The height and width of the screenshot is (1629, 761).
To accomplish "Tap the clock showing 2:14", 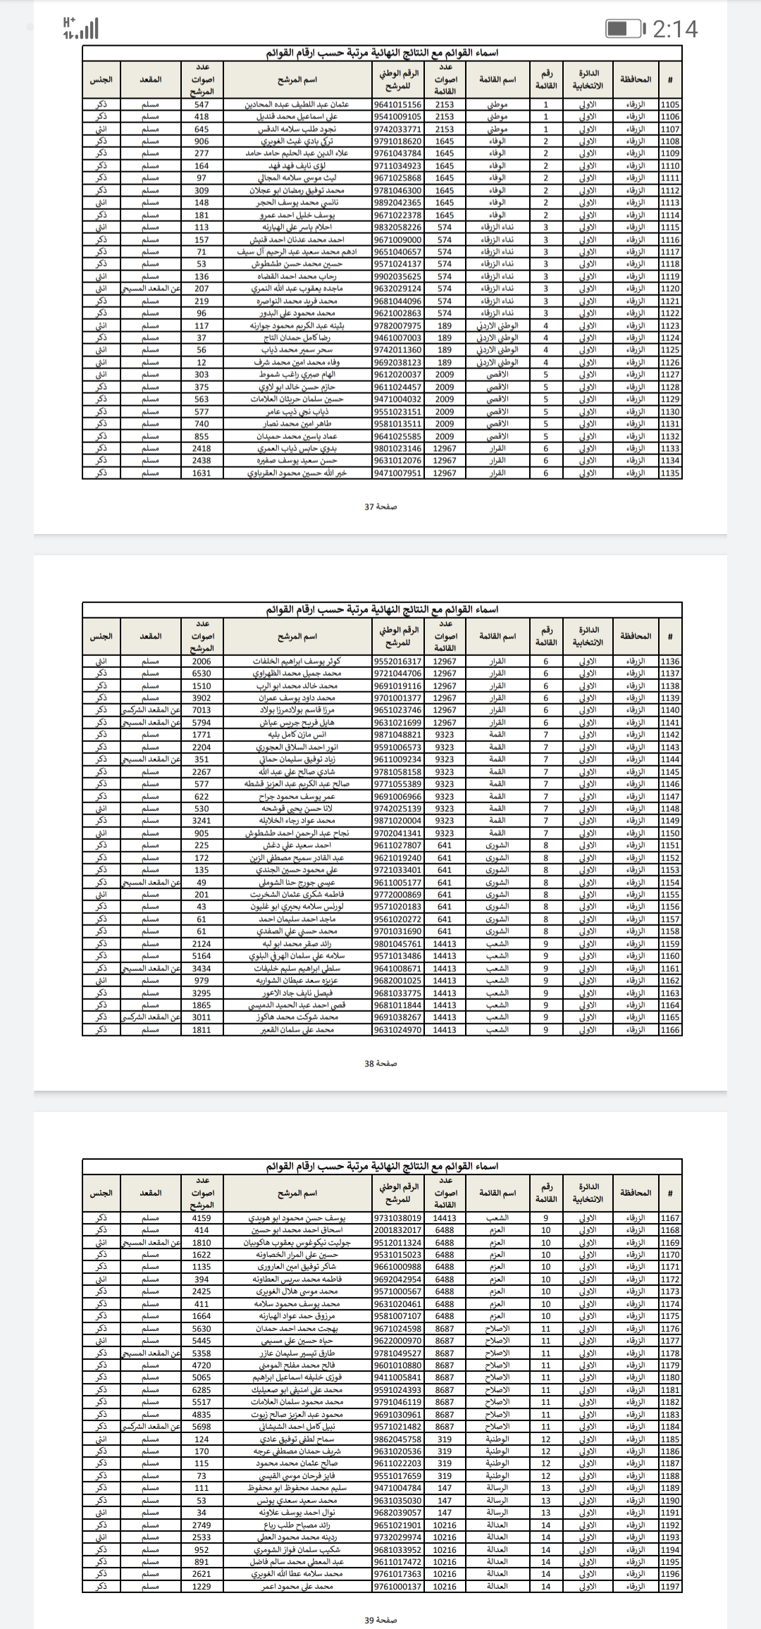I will click(675, 29).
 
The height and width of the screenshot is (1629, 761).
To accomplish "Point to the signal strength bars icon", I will click(80, 29).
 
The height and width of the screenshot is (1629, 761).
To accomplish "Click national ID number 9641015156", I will click(397, 104).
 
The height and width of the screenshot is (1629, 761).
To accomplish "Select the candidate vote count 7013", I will click(202, 710).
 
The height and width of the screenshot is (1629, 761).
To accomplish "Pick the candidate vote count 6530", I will click(202, 674).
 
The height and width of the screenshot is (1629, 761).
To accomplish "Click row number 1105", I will click(670, 104).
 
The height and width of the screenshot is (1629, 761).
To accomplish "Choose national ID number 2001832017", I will click(397, 1230).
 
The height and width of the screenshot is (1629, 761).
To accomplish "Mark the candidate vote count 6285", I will click(202, 1389).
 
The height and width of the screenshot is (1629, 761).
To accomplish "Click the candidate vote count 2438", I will click(202, 461).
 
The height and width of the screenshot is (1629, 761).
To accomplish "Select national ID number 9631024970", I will click(397, 1030).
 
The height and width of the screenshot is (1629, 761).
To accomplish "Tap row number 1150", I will click(670, 833).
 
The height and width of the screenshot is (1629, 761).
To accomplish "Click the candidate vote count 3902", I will click(202, 698).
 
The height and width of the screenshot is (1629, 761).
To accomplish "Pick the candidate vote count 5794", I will click(202, 723).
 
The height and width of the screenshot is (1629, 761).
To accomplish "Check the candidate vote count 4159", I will click(202, 1218).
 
